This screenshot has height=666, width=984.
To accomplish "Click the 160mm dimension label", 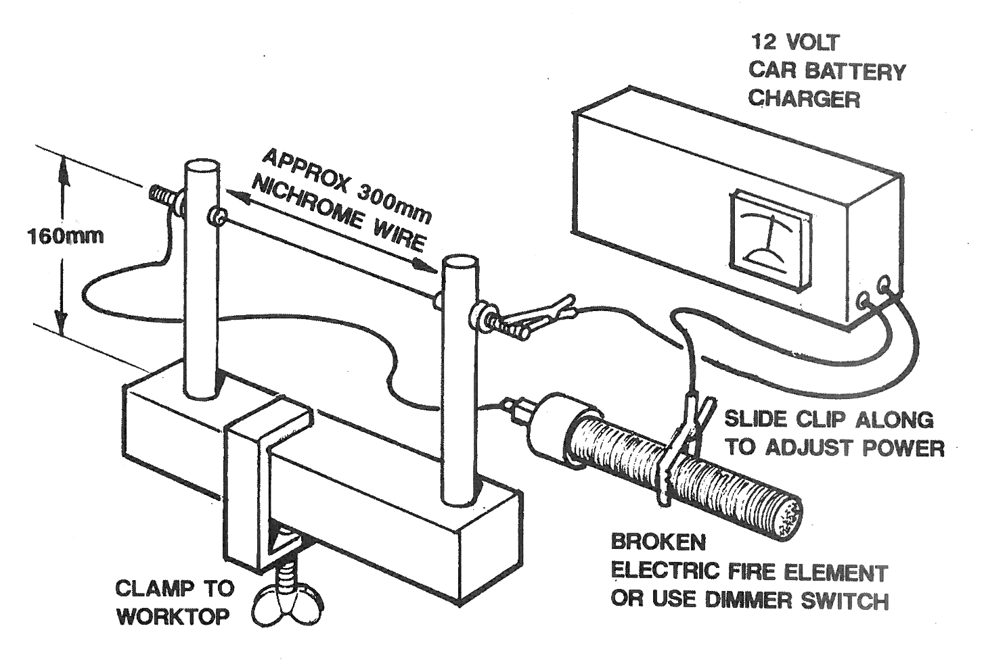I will point(65,236).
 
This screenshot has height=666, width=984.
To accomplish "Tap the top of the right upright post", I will point(460,262).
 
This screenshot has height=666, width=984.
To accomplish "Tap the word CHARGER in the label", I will point(803,99).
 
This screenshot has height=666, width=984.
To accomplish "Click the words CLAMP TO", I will point(174,588).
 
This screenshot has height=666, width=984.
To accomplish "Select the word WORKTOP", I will point(172,617).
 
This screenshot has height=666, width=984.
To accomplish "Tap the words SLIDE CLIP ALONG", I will point(828,419).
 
